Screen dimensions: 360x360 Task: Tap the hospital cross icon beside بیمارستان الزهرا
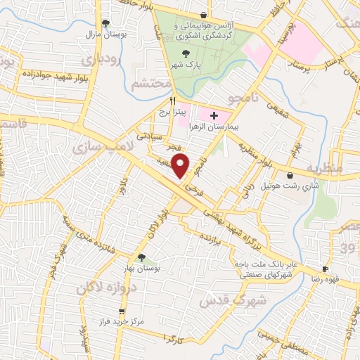coord(214,115)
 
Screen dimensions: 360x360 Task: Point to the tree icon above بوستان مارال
coord(105,22)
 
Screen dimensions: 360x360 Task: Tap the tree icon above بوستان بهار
coord(142,257)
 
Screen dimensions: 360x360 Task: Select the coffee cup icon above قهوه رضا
coord(325,269)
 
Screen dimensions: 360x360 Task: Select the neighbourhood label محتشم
coord(151,84)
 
